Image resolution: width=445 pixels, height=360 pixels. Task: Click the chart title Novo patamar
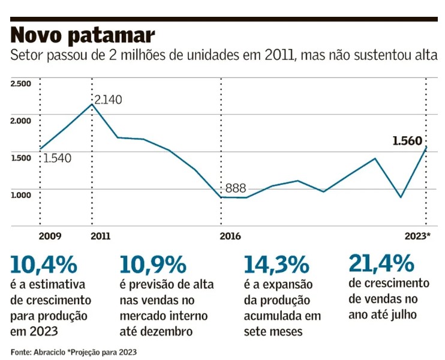coord(83,35)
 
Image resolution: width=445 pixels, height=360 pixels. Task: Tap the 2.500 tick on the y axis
coord(20,83)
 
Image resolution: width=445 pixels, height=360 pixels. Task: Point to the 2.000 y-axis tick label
coord(20,120)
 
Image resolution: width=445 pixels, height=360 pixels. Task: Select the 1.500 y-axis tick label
coord(20,157)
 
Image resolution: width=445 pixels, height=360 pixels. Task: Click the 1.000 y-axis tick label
coord(20,194)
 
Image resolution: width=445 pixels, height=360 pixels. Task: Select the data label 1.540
coord(58,158)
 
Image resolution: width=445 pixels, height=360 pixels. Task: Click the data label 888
coord(236,188)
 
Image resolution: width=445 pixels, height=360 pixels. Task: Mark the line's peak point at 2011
coord(92,104)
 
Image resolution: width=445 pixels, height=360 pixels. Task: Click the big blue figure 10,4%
coord(44,265)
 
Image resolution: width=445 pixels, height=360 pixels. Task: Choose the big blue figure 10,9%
coord(153,265)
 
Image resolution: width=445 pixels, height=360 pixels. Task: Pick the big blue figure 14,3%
coord(276,265)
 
